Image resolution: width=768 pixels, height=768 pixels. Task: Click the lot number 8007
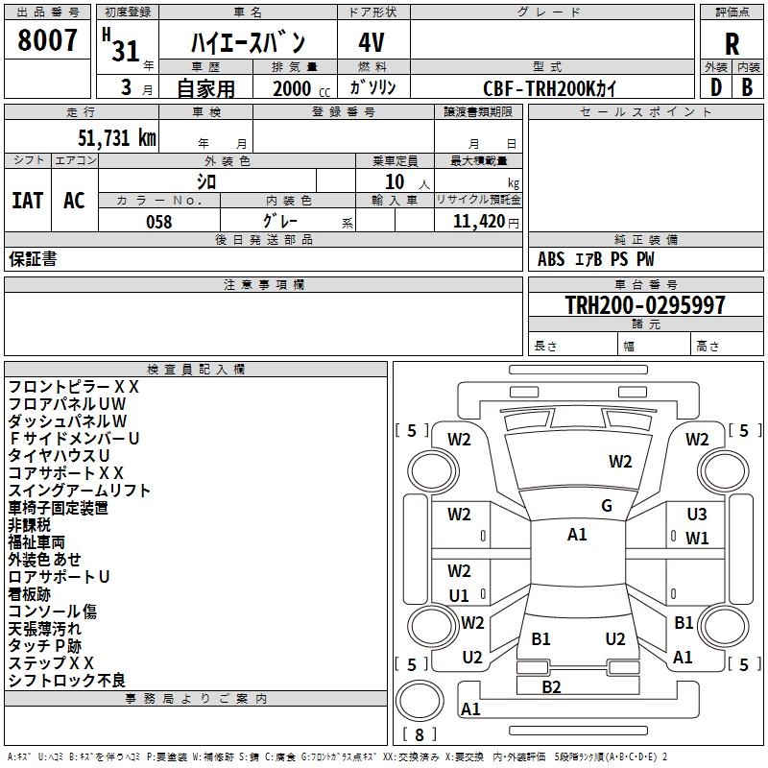[47, 41]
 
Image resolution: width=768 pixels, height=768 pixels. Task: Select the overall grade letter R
[732, 43]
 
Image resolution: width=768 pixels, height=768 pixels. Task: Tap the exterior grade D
[715, 86]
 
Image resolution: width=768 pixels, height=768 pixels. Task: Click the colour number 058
[158, 222]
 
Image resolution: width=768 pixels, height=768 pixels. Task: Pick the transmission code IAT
[27, 201]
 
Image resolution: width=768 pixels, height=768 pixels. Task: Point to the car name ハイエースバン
[248, 43]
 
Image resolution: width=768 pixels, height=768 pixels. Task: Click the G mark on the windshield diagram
[607, 506]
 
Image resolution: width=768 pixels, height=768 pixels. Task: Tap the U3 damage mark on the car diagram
[697, 515]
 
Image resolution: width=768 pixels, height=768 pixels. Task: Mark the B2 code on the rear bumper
[551, 686]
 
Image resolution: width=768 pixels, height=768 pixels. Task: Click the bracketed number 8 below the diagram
[420, 734]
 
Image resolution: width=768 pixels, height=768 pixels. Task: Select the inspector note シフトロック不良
[67, 680]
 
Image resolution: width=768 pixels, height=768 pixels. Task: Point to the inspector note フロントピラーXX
[74, 387]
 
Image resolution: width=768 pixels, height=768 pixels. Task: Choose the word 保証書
[33, 259]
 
